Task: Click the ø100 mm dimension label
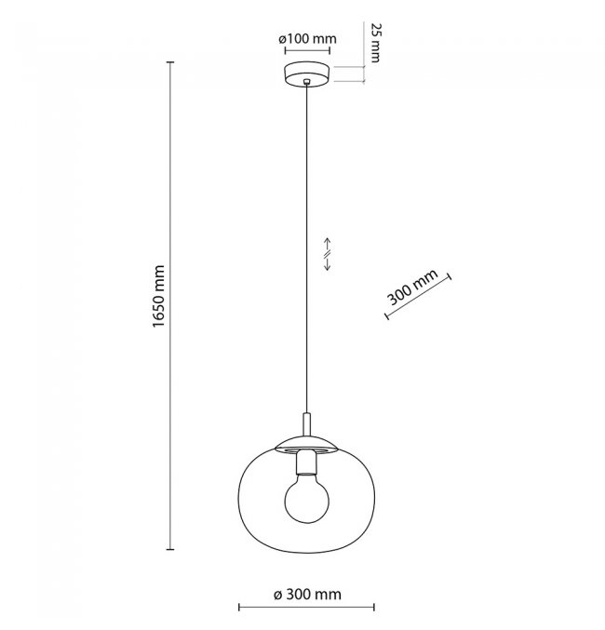pos(307,38)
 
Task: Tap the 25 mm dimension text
pos(375,43)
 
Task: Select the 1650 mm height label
pos(159,297)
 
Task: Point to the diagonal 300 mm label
pos(412,287)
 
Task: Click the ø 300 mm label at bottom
pos(307,594)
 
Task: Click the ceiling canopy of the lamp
pos(307,74)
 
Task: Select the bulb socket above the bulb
pos(307,462)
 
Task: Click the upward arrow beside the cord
pos(328,245)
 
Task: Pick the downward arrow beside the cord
pos(328,264)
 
